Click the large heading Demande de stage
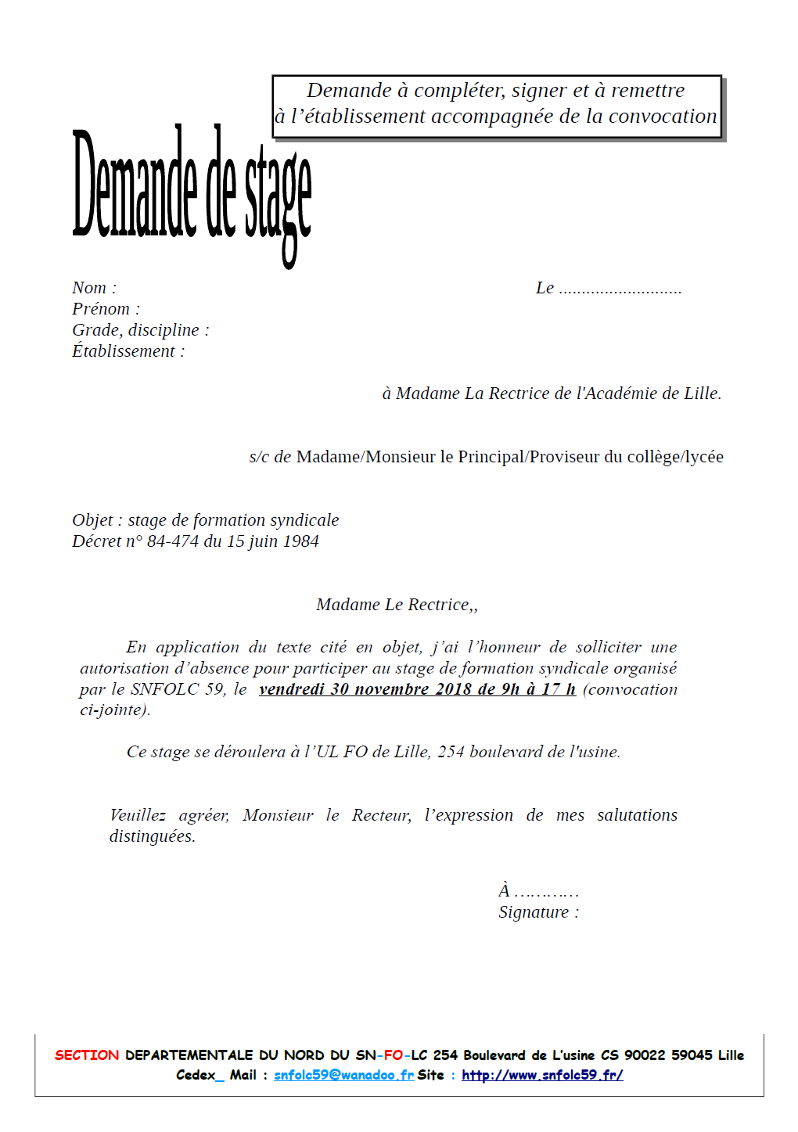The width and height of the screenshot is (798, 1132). pos(192,188)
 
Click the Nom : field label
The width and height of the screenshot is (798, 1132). pos(94,288)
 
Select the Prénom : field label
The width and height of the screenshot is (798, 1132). pos(106,309)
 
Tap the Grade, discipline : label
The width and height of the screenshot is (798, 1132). pos(141,330)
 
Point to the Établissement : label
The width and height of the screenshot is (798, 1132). pos(128,351)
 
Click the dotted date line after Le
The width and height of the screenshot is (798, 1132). pos(620,289)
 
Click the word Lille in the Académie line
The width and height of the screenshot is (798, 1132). pos(701,394)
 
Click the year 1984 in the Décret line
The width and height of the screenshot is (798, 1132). pos(301,541)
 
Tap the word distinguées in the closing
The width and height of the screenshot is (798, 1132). pos(152,836)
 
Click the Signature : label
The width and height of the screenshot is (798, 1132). pos(538,912)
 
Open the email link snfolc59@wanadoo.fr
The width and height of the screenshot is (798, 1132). pos(343,1075)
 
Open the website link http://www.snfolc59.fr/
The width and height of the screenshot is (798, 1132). pos(542,1075)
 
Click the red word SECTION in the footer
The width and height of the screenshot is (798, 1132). pos(87,1055)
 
